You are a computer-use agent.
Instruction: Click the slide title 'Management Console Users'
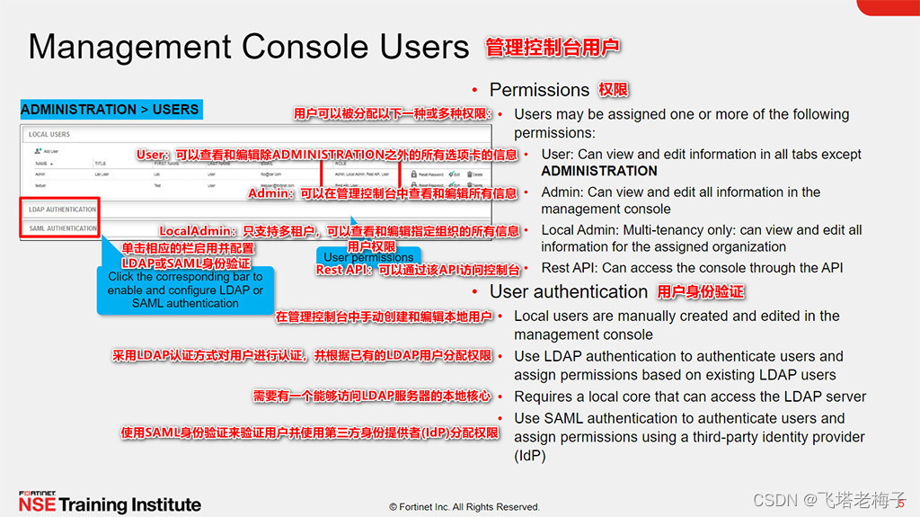[x=249, y=47]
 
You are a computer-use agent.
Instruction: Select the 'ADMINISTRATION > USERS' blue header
[x=110, y=110]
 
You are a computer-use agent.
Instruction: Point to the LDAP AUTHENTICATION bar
[x=62, y=209]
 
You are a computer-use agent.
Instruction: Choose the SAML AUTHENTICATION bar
[x=62, y=228]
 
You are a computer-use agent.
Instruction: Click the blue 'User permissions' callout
[x=368, y=257]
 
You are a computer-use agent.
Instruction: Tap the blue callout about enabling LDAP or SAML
[x=185, y=290]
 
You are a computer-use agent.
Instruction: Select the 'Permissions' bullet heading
[x=539, y=90]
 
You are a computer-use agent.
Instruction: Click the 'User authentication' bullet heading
[x=568, y=291]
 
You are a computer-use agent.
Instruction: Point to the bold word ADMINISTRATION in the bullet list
[x=599, y=171]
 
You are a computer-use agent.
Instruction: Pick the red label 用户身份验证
[x=701, y=291]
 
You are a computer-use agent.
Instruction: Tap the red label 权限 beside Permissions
[x=614, y=90]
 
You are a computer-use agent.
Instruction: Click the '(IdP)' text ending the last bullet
[x=529, y=456]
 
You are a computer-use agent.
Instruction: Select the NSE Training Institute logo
[x=110, y=503]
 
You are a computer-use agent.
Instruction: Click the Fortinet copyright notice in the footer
[x=464, y=507]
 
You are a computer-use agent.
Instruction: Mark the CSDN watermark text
[x=829, y=499]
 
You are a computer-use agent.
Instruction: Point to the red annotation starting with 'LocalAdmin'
[x=340, y=231]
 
